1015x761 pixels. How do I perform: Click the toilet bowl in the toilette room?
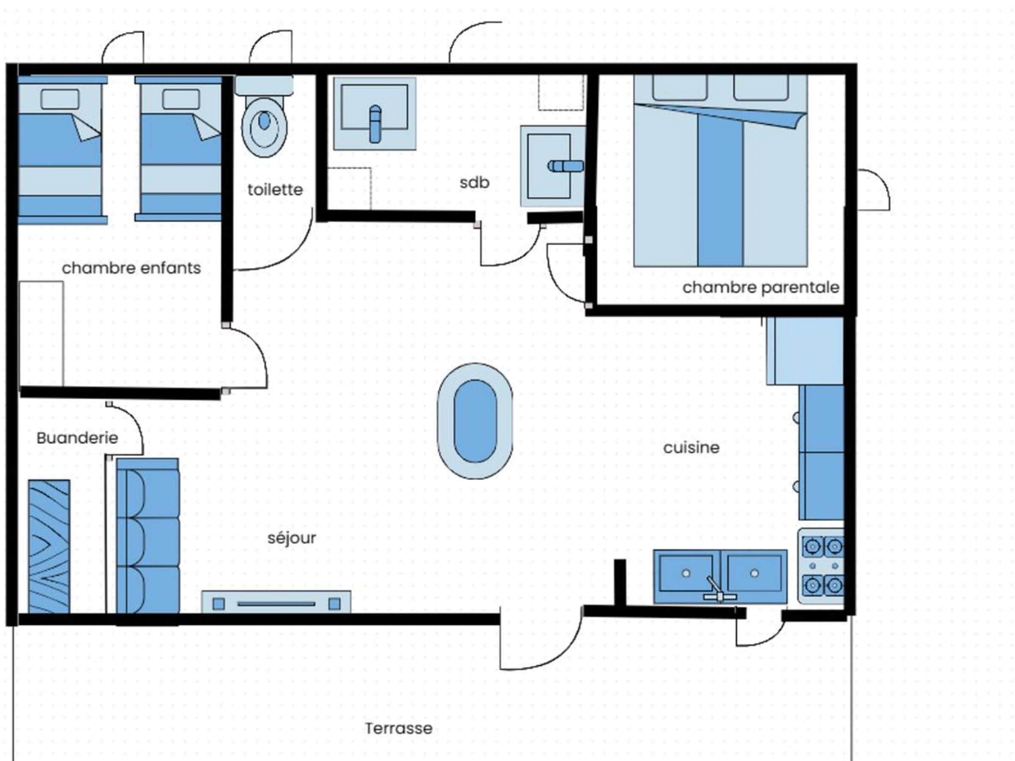coord(264,126)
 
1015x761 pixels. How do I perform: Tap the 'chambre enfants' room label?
coord(131,268)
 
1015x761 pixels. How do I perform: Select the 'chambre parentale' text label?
coord(761,287)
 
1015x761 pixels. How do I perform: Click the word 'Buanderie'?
coord(77,438)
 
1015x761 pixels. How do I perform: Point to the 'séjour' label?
coord(292,538)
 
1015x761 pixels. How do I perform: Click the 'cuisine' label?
coord(691,447)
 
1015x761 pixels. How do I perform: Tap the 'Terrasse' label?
coord(399,728)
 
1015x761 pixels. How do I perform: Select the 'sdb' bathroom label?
coord(475,182)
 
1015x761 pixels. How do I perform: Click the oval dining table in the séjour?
coord(475,421)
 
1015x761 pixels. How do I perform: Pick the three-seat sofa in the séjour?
coord(148,535)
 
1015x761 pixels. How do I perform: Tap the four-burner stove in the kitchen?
coord(821,566)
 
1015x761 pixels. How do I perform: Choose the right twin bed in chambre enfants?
coord(179,149)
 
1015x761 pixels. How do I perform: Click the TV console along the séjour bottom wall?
coord(276,602)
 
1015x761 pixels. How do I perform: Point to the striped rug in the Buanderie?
coord(49,546)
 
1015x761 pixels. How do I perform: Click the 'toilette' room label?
coord(275,189)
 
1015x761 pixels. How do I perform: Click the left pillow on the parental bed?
coord(680,88)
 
